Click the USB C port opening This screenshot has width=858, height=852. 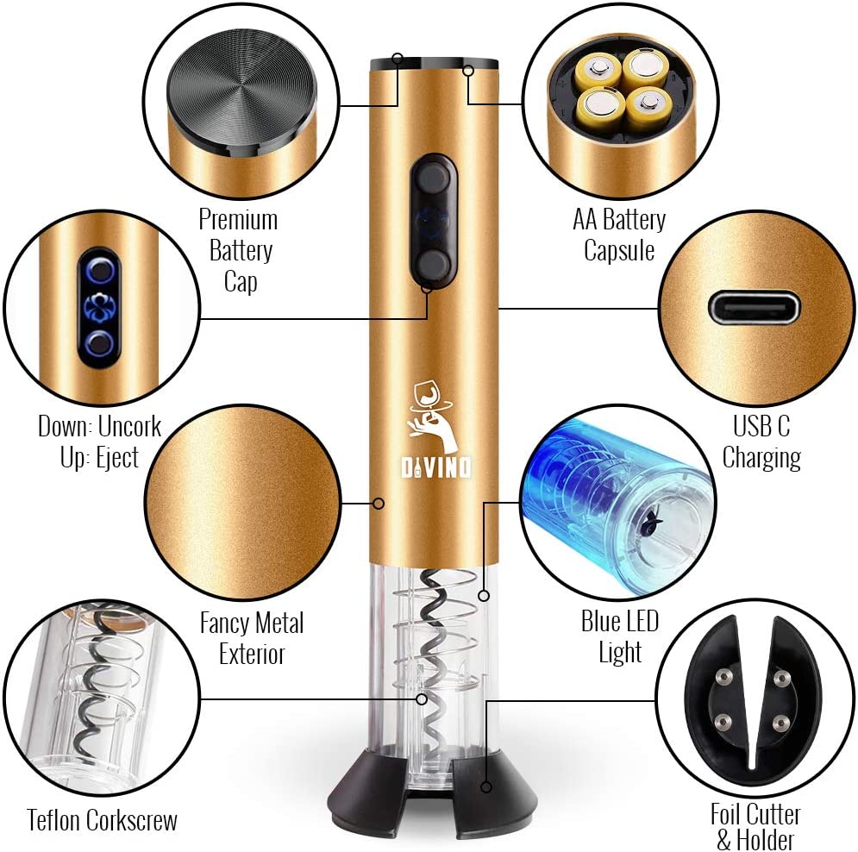754,308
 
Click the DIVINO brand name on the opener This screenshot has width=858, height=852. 435,467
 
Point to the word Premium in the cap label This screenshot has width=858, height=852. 238,220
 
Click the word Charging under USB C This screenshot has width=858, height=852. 761,458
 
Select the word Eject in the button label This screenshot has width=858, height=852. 117,457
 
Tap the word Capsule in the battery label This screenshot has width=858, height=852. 619,251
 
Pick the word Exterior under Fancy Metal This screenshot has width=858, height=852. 252,654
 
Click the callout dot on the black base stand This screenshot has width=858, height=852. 485,786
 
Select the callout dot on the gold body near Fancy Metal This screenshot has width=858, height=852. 378,503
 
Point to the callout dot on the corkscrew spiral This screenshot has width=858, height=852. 422,699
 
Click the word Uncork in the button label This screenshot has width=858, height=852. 129,426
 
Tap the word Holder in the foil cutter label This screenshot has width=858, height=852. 765,840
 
